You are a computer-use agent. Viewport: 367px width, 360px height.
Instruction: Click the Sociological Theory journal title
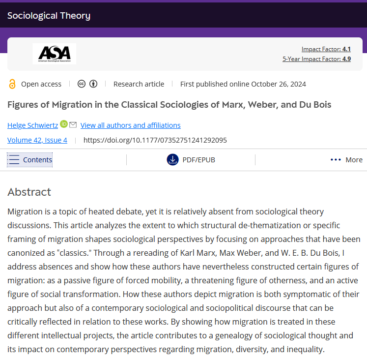(49, 16)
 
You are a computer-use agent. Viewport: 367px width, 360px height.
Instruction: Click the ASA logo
(54, 54)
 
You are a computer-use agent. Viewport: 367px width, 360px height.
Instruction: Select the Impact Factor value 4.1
(346, 49)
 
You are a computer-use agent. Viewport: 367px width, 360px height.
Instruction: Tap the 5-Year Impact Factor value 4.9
(346, 59)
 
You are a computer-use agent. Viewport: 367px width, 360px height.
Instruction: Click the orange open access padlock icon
(12, 84)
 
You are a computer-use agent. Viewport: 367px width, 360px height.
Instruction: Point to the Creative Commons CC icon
(82, 84)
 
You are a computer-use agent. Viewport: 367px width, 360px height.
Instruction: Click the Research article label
(139, 84)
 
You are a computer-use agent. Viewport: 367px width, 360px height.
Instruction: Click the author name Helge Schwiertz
(32, 125)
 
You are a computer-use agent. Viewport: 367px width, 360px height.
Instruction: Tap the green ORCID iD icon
(64, 124)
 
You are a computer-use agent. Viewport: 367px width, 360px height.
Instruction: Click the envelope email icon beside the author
(73, 124)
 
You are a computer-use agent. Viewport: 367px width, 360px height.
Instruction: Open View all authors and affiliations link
(130, 125)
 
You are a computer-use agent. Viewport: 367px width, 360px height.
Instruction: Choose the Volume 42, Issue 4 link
(37, 140)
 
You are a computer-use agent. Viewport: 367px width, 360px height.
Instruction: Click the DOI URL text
(155, 140)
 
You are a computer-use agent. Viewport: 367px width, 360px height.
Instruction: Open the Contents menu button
(30, 159)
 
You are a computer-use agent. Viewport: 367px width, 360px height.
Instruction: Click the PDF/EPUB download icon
(172, 159)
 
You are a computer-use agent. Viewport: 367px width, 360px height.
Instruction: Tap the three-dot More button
(346, 159)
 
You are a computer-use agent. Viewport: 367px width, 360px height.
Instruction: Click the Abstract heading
(29, 192)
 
